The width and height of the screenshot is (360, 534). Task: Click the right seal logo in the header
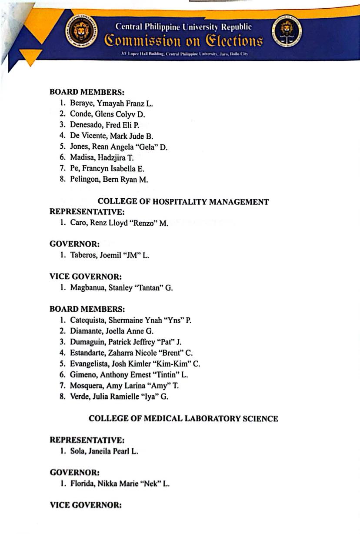(287, 33)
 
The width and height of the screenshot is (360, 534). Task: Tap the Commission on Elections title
(183, 41)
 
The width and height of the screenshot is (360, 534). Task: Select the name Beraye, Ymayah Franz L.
(111, 103)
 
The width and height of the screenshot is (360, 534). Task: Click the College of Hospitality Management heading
(183, 202)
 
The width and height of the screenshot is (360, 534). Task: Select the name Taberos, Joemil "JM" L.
(110, 256)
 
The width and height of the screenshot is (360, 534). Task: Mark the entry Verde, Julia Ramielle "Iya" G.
(119, 396)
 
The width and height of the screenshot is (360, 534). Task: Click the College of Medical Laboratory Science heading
(183, 418)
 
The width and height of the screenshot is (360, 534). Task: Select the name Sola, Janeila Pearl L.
(104, 451)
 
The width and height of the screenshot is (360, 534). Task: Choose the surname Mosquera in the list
(86, 385)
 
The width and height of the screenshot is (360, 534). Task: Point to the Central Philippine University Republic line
(183, 27)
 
